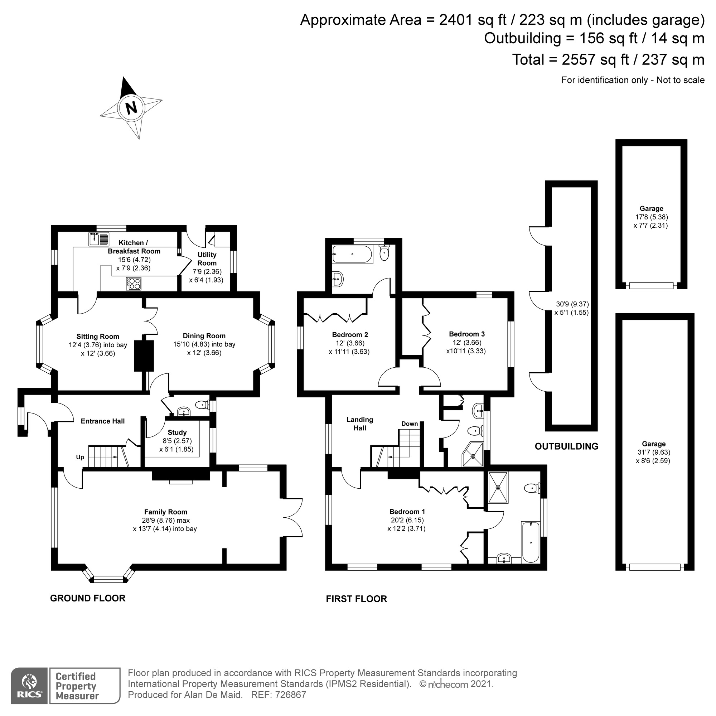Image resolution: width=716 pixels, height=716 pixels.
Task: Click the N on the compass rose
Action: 131,108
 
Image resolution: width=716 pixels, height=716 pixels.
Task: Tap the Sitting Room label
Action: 98,337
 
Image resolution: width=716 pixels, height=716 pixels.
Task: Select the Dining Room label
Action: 204,336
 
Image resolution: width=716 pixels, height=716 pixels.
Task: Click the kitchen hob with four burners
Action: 134,284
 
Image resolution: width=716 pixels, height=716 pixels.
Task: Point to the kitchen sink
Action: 98,239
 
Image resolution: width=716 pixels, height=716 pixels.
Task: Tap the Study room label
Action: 177,432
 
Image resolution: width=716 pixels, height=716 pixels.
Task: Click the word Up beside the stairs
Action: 80,457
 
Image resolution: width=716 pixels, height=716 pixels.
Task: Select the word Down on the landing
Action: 410,424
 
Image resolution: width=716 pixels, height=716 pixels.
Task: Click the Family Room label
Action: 165,512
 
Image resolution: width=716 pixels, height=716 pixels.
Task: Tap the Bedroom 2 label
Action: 350,335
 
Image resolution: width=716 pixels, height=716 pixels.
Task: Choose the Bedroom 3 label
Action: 466,334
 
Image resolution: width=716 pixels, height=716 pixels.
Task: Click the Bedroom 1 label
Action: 407,512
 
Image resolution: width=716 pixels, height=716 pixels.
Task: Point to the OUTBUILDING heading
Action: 566,446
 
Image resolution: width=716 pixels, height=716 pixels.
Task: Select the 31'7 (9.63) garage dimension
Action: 653,452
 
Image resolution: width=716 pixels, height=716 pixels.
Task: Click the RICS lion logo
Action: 29,682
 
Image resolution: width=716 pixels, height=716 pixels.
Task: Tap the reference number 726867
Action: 290,695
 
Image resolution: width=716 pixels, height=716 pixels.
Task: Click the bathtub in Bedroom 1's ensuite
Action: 531,542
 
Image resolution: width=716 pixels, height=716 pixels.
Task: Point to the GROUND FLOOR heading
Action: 87,598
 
